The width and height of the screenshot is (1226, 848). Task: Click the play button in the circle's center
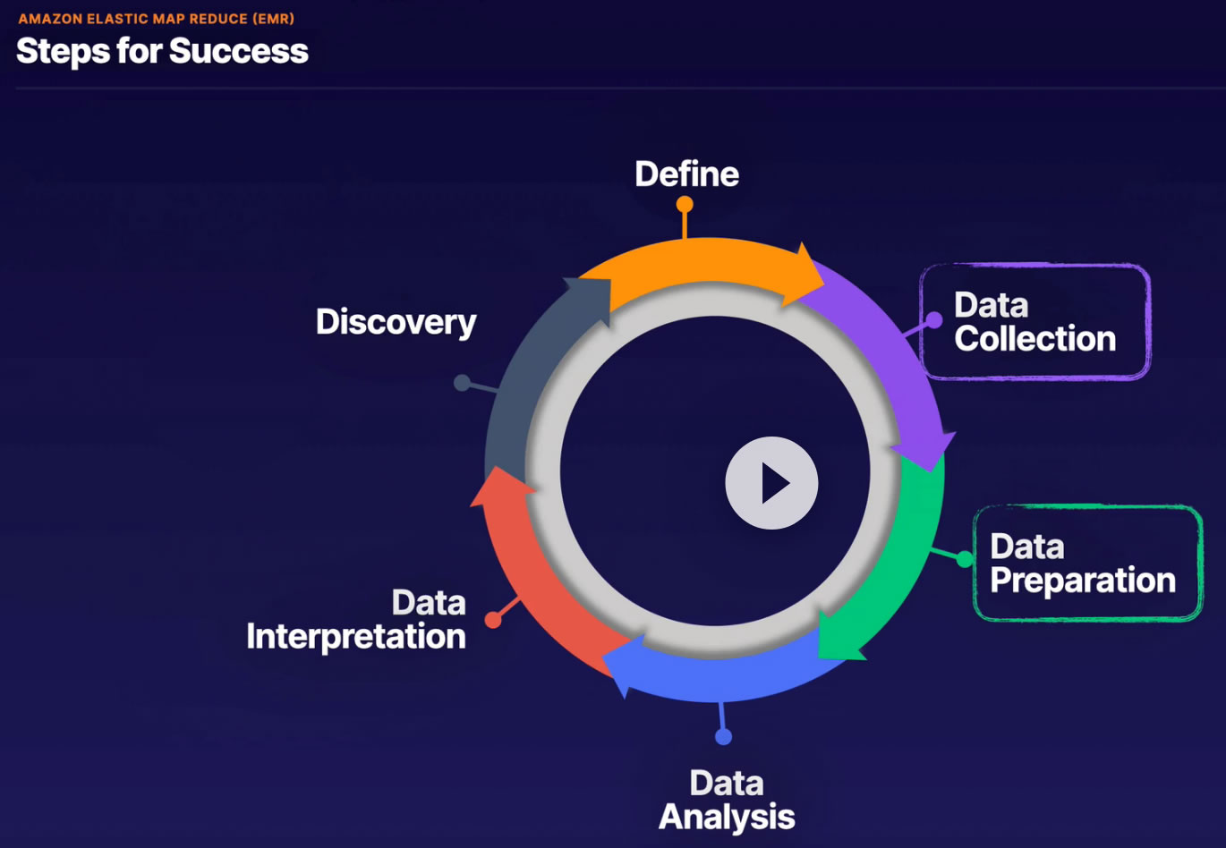[771, 483]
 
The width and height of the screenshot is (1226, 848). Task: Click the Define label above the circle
[686, 174]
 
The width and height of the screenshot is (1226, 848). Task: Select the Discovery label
[396, 322]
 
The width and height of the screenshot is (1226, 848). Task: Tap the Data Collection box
[1034, 322]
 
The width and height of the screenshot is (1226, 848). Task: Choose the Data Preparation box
[1086, 564]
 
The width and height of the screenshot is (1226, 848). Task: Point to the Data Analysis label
[727, 801]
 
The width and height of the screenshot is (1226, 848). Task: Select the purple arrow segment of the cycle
[886, 349]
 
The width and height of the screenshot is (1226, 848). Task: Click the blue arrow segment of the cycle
[716, 675]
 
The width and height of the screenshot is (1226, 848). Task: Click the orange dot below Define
[685, 205]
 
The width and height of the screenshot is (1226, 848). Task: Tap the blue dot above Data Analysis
[723, 736]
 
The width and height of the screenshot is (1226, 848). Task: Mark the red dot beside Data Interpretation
[493, 619]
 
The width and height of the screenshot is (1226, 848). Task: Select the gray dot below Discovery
[462, 383]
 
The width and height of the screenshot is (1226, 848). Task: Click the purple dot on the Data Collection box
[933, 320]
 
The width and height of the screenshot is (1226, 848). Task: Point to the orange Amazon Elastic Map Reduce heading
[157, 18]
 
